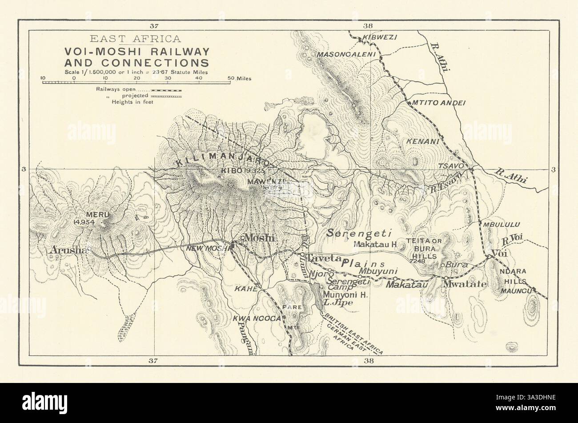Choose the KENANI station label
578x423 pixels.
[x=422, y=141]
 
